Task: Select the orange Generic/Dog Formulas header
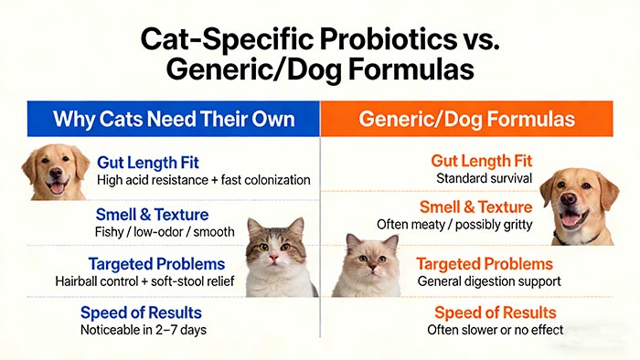[x=466, y=119]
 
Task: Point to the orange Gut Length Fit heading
[x=481, y=161]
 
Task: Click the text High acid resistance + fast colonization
[x=204, y=180]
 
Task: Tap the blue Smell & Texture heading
[x=152, y=215]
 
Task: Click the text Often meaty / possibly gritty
[x=454, y=224]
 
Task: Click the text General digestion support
[x=488, y=281]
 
